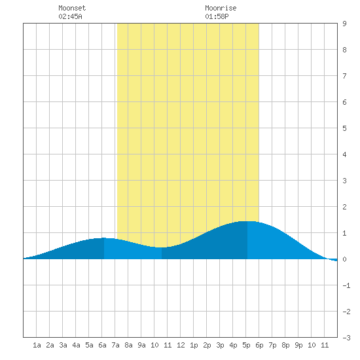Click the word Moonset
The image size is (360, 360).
pos(72,8)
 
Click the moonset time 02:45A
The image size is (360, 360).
pos(70,16)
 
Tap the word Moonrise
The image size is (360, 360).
pos(221,8)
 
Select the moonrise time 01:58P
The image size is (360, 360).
pos(217,16)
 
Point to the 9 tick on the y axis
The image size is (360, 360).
pos(344,24)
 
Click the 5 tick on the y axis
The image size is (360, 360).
pos(344,128)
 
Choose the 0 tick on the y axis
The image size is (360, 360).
pos(344,259)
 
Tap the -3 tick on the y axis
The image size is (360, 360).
pos(346,338)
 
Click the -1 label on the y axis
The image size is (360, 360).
pos(346,285)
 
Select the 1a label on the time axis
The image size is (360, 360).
pos(37,345)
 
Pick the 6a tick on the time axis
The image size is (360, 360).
pos(102,345)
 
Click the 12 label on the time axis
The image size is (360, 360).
pos(181,345)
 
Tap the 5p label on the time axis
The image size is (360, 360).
pos(246,345)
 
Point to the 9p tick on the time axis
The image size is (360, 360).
pos(298,345)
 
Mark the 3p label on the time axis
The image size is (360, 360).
pos(220,345)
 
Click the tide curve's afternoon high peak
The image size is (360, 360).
pos(247,221)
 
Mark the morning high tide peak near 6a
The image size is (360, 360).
pos(104,238)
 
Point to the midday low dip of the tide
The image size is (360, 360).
pos(162,247)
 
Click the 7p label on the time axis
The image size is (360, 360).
pos(272,345)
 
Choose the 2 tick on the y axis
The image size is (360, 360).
pos(344,207)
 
